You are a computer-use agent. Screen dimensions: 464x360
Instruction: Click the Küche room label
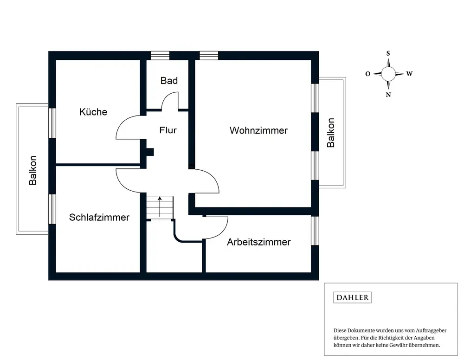tap(93, 112)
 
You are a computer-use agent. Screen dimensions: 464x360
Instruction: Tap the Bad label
tap(169, 80)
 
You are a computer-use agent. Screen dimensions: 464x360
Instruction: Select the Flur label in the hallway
tap(168, 130)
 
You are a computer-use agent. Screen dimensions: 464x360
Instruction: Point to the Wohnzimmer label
tap(258, 130)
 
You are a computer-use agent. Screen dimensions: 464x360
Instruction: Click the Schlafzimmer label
tap(99, 218)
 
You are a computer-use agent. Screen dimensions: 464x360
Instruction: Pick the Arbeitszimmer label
tap(258, 242)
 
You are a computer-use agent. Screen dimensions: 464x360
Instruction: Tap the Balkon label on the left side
tap(33, 170)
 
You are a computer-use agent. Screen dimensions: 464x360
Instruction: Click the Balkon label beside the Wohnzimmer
tap(330, 133)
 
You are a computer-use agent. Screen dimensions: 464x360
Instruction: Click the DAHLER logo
tap(353, 297)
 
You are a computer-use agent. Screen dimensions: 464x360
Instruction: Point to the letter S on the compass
tap(388, 53)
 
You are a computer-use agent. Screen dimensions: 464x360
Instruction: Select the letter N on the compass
tap(388, 95)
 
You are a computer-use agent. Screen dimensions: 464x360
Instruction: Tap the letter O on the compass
tap(368, 74)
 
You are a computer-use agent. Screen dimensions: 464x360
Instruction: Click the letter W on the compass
tap(409, 74)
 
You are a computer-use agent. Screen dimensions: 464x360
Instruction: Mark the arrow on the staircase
tap(160, 206)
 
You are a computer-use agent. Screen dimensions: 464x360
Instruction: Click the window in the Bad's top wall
tap(160, 56)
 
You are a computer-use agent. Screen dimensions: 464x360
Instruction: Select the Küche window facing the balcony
tap(52, 123)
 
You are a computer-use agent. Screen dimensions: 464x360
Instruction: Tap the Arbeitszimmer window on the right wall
tap(315, 231)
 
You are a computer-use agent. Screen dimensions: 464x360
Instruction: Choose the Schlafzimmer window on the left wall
tap(52, 209)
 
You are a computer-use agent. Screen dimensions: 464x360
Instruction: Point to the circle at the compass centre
tap(388, 74)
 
